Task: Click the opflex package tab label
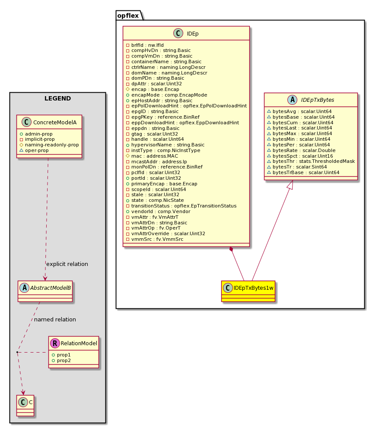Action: coord(128,16)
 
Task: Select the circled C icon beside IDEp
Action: coord(178,33)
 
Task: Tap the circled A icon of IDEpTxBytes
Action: coord(292,100)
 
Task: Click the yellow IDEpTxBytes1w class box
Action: coord(248,291)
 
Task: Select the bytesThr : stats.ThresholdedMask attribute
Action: coord(311,162)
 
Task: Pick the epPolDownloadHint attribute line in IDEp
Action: coord(186,106)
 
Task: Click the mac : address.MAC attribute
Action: coord(152,156)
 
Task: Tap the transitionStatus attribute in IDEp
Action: coord(181,206)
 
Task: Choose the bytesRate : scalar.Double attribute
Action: coord(301,150)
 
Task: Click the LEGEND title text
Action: coord(58,98)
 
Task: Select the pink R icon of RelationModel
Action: coord(55,343)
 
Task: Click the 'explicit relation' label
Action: coord(67,264)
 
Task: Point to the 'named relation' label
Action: coord(55,319)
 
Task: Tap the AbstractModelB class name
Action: coord(50,288)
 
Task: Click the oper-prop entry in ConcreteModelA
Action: coord(34,151)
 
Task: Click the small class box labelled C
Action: coord(25,405)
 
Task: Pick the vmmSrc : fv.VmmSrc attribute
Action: coord(154,240)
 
